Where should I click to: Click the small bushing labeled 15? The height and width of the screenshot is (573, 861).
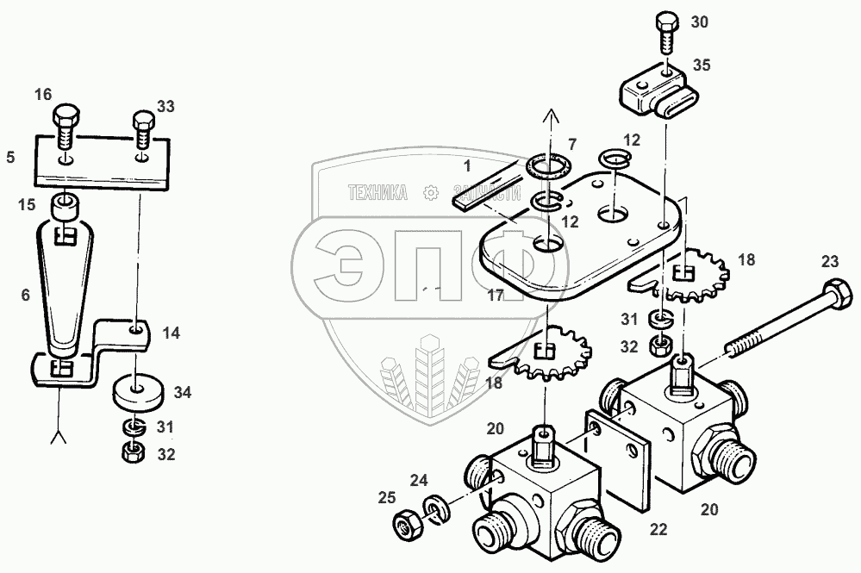(x=62, y=209)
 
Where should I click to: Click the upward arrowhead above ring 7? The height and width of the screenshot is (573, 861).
(x=548, y=115)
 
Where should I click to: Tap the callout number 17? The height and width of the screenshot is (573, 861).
(x=495, y=294)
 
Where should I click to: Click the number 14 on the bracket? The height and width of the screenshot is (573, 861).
(x=171, y=331)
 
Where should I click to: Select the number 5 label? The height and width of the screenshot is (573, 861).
(x=10, y=158)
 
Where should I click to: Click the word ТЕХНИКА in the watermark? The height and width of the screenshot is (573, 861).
(x=378, y=194)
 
